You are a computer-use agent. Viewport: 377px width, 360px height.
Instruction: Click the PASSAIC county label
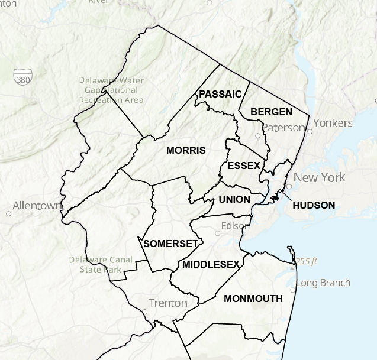tap(220, 94)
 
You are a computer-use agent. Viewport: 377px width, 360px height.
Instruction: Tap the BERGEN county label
tap(271, 112)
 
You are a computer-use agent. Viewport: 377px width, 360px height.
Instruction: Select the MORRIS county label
tap(186, 150)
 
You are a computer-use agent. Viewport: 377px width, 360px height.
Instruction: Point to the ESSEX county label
tap(244, 166)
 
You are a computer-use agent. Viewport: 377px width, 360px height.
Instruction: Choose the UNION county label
tap(234, 199)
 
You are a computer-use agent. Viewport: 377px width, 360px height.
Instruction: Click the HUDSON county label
tap(314, 206)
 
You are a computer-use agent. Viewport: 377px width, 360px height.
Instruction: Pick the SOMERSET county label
tap(170, 243)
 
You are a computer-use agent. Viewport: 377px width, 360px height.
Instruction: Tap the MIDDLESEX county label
tap(211, 264)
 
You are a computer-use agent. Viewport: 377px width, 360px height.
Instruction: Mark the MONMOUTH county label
tap(253, 299)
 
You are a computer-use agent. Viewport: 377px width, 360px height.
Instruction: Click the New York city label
tap(319, 177)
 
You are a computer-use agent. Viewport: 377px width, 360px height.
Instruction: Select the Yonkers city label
tap(333, 123)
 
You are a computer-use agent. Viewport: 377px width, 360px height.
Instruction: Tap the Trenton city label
tap(167, 303)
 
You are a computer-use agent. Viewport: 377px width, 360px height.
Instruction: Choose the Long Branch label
tap(323, 283)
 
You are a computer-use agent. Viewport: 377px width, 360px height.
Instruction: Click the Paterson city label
tap(283, 127)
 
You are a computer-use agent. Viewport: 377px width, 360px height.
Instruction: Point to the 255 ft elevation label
tap(307, 261)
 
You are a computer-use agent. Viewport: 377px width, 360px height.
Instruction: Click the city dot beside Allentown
tap(9, 213)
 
